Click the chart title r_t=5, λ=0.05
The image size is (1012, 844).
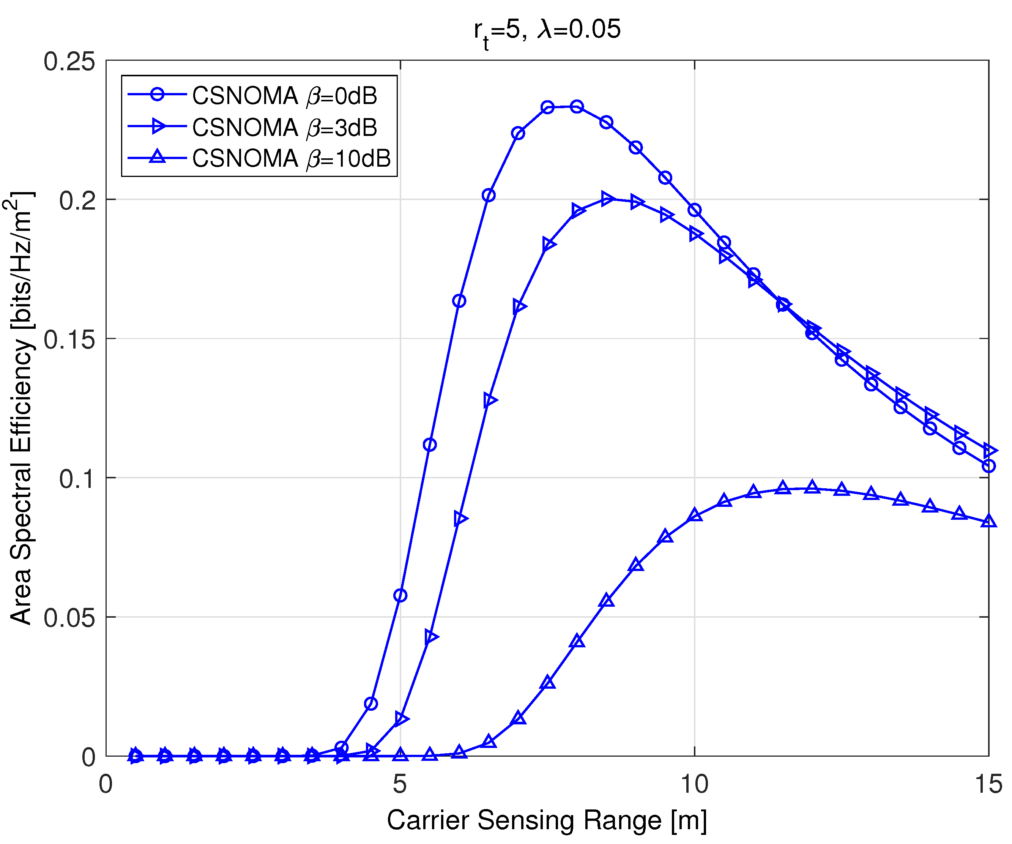click(x=547, y=30)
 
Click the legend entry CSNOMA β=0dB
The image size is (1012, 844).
click(x=284, y=95)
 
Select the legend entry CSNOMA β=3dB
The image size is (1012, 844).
click(x=284, y=127)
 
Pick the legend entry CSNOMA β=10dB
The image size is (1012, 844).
click(x=291, y=158)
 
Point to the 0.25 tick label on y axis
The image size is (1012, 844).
click(x=69, y=62)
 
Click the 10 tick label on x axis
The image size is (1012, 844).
click(x=694, y=784)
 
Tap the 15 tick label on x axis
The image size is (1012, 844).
click(x=988, y=784)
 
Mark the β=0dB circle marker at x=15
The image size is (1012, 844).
click(x=988, y=466)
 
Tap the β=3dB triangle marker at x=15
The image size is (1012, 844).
click(x=989, y=451)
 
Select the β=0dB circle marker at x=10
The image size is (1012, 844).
click(x=694, y=210)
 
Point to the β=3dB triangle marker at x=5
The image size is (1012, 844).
click(x=401, y=719)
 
